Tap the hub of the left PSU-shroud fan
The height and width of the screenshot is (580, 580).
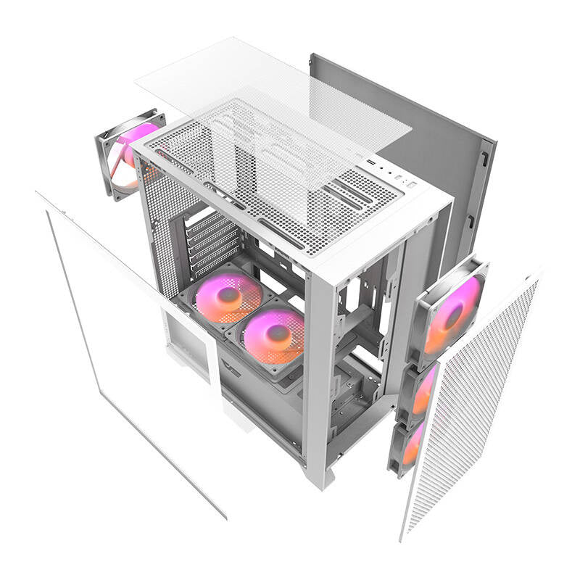click(228, 294)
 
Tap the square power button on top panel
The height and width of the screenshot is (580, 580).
click(411, 186)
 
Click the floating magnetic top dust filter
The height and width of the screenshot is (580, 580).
click(275, 101)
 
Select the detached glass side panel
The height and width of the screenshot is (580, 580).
click(130, 341)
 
